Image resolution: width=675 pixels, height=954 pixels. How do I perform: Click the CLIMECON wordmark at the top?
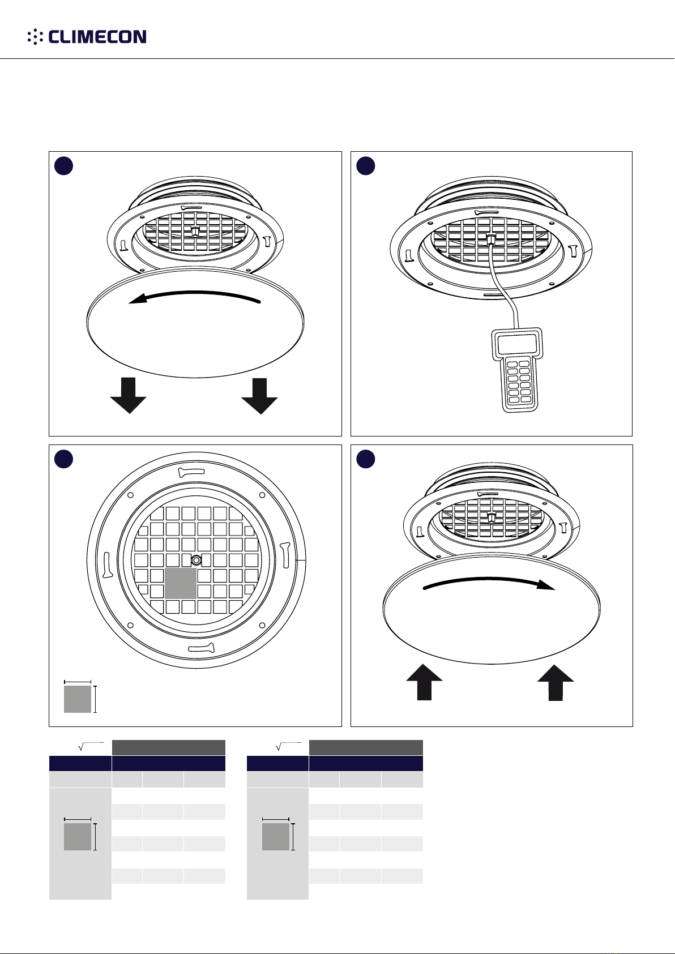click(x=97, y=37)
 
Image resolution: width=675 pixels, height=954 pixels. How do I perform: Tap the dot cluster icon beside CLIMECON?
click(x=35, y=37)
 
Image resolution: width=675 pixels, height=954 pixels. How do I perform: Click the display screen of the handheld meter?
click(x=516, y=344)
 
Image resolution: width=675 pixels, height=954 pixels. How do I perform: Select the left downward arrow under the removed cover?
click(x=128, y=395)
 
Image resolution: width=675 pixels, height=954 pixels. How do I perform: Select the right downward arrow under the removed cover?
click(x=259, y=396)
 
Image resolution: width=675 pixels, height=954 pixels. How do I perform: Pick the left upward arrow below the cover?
click(x=424, y=682)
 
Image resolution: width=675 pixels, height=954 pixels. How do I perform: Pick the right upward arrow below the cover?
click(x=556, y=682)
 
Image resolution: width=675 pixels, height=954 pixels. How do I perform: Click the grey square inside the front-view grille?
click(x=181, y=583)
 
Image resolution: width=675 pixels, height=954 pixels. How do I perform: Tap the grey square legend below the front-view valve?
click(x=78, y=699)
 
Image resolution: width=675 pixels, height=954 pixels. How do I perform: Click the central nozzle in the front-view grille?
click(x=196, y=559)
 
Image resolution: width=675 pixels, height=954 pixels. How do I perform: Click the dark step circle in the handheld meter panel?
click(x=365, y=166)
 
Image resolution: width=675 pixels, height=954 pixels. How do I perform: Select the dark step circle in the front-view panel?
click(x=63, y=459)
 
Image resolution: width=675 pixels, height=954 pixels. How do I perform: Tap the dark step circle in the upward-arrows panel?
click(x=365, y=459)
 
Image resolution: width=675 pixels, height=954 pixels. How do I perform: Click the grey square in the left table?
click(x=78, y=836)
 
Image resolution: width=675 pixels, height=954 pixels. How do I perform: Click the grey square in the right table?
click(x=276, y=836)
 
